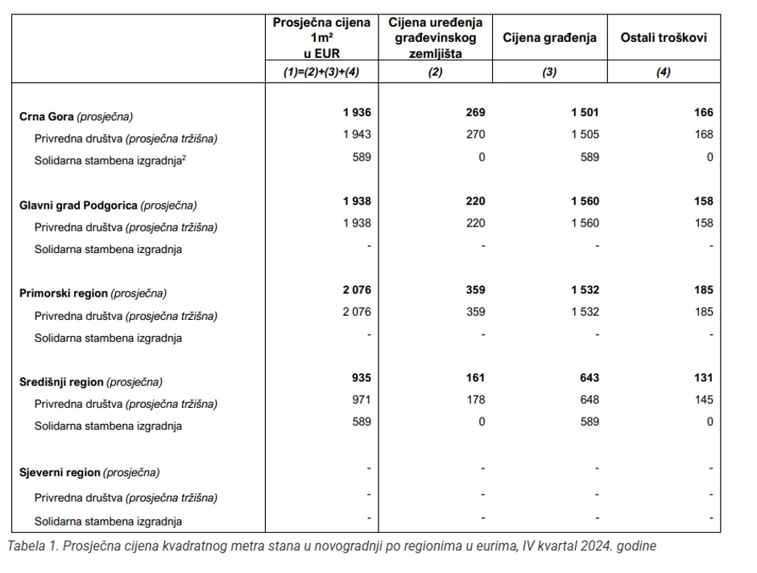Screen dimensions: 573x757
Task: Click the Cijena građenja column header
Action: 550,38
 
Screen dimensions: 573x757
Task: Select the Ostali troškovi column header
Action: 664,38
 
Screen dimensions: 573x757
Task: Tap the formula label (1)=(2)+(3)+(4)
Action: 321,72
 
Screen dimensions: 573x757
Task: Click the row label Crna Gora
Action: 46,116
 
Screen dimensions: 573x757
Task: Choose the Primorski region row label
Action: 63,293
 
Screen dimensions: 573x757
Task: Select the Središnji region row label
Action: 61,381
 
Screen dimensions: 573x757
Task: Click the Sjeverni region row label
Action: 60,472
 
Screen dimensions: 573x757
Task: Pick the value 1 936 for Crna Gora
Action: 357,113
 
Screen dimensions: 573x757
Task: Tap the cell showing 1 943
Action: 357,135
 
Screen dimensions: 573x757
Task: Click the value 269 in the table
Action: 476,113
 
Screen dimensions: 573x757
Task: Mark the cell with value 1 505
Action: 584,135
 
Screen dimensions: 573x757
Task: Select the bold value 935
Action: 362,377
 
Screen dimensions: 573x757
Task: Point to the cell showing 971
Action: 362,400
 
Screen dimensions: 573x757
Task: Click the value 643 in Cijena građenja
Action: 589,377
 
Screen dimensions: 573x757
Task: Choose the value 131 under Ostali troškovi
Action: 703,377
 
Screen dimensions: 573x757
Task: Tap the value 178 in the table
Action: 476,400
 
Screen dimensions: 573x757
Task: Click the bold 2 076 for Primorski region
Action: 357,289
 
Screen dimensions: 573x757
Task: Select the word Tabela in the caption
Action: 25,546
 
